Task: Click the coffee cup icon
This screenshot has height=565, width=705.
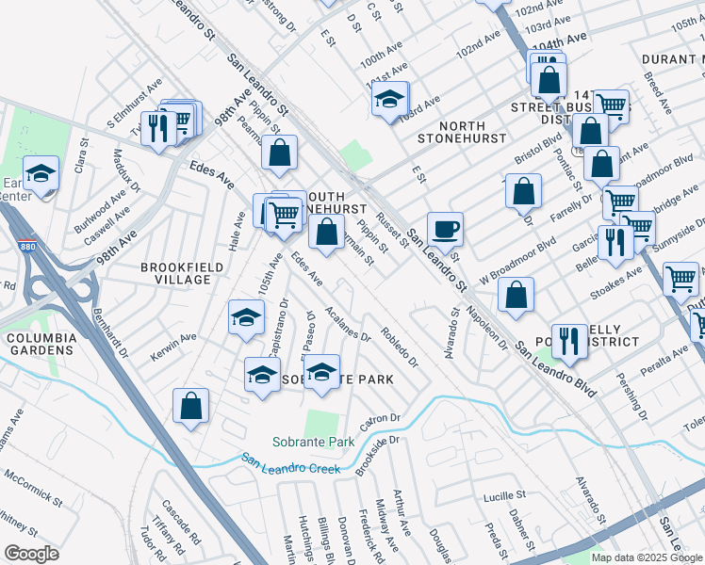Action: point(445,228)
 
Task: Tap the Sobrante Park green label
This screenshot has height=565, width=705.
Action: point(313,441)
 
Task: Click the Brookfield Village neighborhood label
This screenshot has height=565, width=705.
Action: point(176,273)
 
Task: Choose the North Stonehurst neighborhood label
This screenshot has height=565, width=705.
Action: point(462,133)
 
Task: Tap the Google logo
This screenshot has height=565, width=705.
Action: point(31,554)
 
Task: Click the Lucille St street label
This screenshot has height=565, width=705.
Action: point(503,495)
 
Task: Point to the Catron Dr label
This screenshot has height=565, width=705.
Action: point(380,418)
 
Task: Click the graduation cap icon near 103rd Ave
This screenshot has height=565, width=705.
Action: point(389,99)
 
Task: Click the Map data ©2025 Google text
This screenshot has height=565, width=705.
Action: point(647,557)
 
